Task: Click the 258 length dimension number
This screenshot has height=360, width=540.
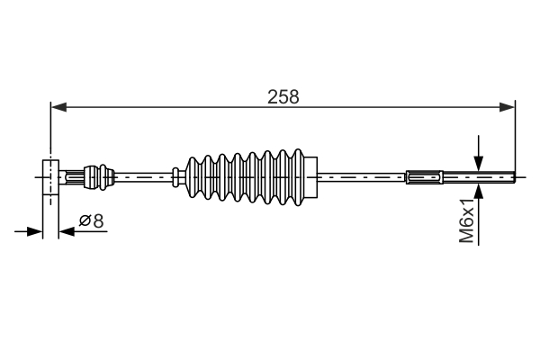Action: (283, 96)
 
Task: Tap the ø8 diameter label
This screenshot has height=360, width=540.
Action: (92, 220)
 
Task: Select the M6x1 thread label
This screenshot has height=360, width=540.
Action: (466, 220)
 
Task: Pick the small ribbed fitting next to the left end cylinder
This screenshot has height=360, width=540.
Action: (97, 176)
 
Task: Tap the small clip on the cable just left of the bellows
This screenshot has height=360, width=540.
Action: (175, 177)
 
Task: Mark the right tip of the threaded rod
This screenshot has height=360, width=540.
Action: (514, 177)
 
